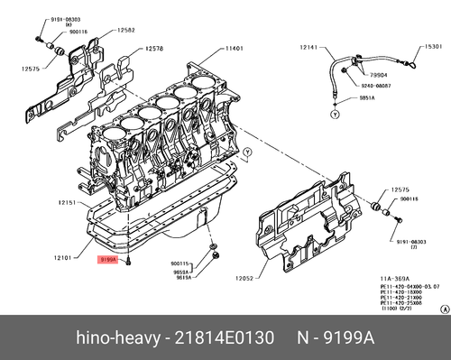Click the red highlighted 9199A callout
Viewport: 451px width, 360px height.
108,259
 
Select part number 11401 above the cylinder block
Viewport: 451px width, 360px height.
235,48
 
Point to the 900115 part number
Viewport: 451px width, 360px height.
184,264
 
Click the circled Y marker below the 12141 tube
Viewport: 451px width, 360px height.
334,116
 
